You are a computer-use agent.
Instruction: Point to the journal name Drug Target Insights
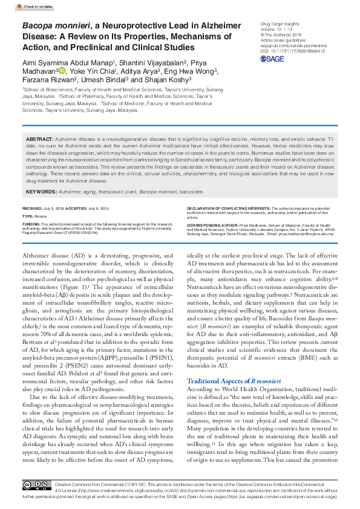(x=272, y=22)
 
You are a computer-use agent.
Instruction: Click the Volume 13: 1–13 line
(x=269, y=28)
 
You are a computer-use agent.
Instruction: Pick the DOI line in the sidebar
(x=284, y=51)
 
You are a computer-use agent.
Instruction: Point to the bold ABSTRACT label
(x=40, y=139)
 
